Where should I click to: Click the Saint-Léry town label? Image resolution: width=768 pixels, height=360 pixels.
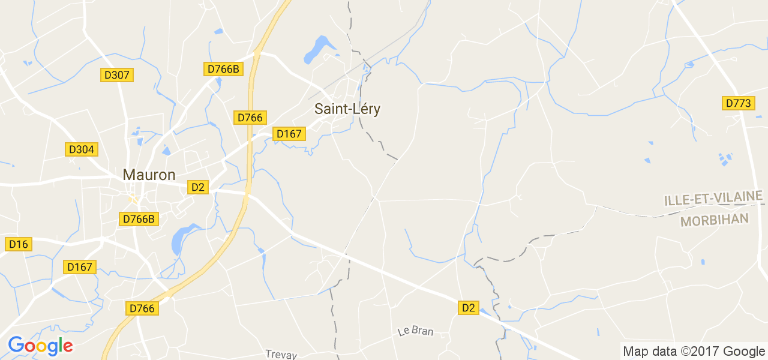click(x=347, y=109)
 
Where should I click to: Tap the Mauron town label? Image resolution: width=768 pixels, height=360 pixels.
click(x=149, y=175)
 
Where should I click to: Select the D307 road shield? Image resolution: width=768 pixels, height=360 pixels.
click(x=116, y=75)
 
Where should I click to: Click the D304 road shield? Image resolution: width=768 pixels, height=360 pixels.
click(x=81, y=149)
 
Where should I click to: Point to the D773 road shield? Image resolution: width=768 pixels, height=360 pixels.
click(x=738, y=103)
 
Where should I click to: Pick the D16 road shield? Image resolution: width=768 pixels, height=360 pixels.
click(x=19, y=244)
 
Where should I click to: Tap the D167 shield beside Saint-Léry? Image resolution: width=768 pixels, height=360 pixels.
click(x=289, y=134)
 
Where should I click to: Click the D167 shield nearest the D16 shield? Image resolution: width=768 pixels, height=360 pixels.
click(x=79, y=267)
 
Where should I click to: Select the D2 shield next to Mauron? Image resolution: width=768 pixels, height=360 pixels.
click(x=198, y=187)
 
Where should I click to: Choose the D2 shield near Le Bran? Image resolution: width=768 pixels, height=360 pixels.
click(x=468, y=308)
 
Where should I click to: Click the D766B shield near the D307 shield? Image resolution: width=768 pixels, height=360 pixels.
click(x=223, y=69)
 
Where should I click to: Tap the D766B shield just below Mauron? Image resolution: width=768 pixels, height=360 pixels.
click(x=139, y=219)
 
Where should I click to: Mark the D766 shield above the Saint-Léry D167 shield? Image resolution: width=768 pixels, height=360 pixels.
click(x=250, y=118)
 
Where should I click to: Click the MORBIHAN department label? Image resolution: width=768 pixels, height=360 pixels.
click(x=715, y=220)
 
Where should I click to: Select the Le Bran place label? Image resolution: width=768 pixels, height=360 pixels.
click(x=415, y=331)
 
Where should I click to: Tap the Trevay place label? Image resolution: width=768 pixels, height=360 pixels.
click(x=281, y=355)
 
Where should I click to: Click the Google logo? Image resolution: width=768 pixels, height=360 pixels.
click(x=40, y=346)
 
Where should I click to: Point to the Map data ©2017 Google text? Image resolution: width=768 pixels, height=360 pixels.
click(x=693, y=352)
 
